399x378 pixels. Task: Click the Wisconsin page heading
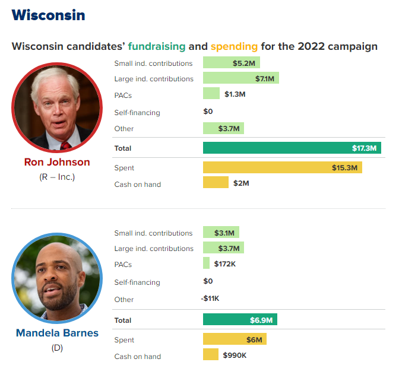(48, 15)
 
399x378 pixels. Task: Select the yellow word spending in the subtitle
(235, 46)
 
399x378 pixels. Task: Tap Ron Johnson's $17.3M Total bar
(292, 148)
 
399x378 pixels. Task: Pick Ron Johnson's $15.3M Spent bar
(282, 168)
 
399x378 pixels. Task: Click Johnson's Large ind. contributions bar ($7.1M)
(240, 78)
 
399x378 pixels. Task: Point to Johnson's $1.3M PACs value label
(235, 94)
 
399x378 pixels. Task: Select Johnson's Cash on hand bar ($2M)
(216, 183)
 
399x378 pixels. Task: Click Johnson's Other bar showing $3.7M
(223, 128)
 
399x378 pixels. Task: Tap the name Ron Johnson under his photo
(57, 162)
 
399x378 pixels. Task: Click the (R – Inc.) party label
(57, 177)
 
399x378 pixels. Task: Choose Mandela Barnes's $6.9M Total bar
(240, 320)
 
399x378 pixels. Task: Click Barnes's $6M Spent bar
(235, 339)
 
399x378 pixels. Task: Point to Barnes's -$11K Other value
(210, 298)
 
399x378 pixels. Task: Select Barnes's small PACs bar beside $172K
(206, 263)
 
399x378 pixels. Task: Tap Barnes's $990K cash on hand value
(235, 355)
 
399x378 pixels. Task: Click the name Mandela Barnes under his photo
(57, 333)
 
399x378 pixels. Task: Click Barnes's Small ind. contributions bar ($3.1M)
(221, 233)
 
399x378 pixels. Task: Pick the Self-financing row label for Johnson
(137, 112)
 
